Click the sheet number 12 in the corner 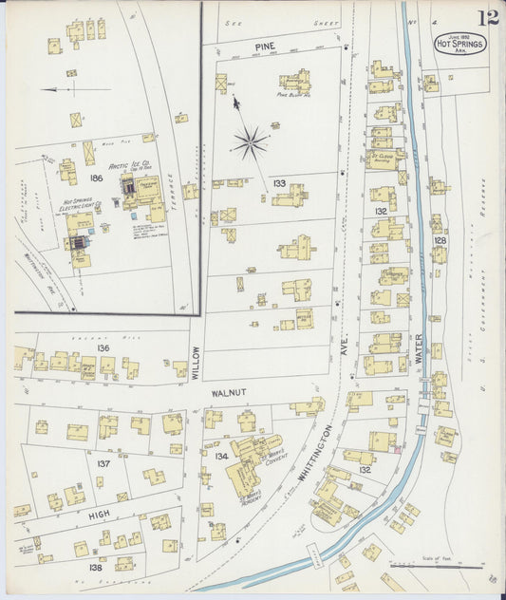489,17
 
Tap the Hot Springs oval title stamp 459,44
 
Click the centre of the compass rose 250,143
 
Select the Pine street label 265,46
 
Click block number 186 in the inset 95,178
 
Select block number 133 278,182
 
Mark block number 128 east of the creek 440,241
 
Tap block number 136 103,348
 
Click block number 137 103,463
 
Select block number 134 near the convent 222,457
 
